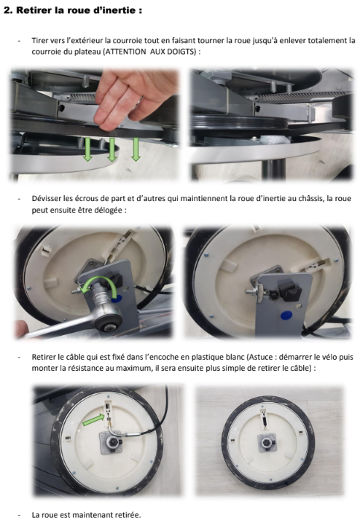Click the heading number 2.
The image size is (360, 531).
[x=8, y=10]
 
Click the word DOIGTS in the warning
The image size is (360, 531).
[x=181, y=52]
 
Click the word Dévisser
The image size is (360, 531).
[x=47, y=198]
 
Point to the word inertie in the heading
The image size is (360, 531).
[x=122, y=10]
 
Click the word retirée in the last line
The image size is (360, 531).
[x=128, y=515]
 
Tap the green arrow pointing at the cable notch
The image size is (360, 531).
[x=93, y=420]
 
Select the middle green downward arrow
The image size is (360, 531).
[x=111, y=149]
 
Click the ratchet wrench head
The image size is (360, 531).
[x=108, y=321]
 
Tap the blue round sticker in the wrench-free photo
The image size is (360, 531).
[x=286, y=315]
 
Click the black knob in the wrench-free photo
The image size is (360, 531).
[x=290, y=291]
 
